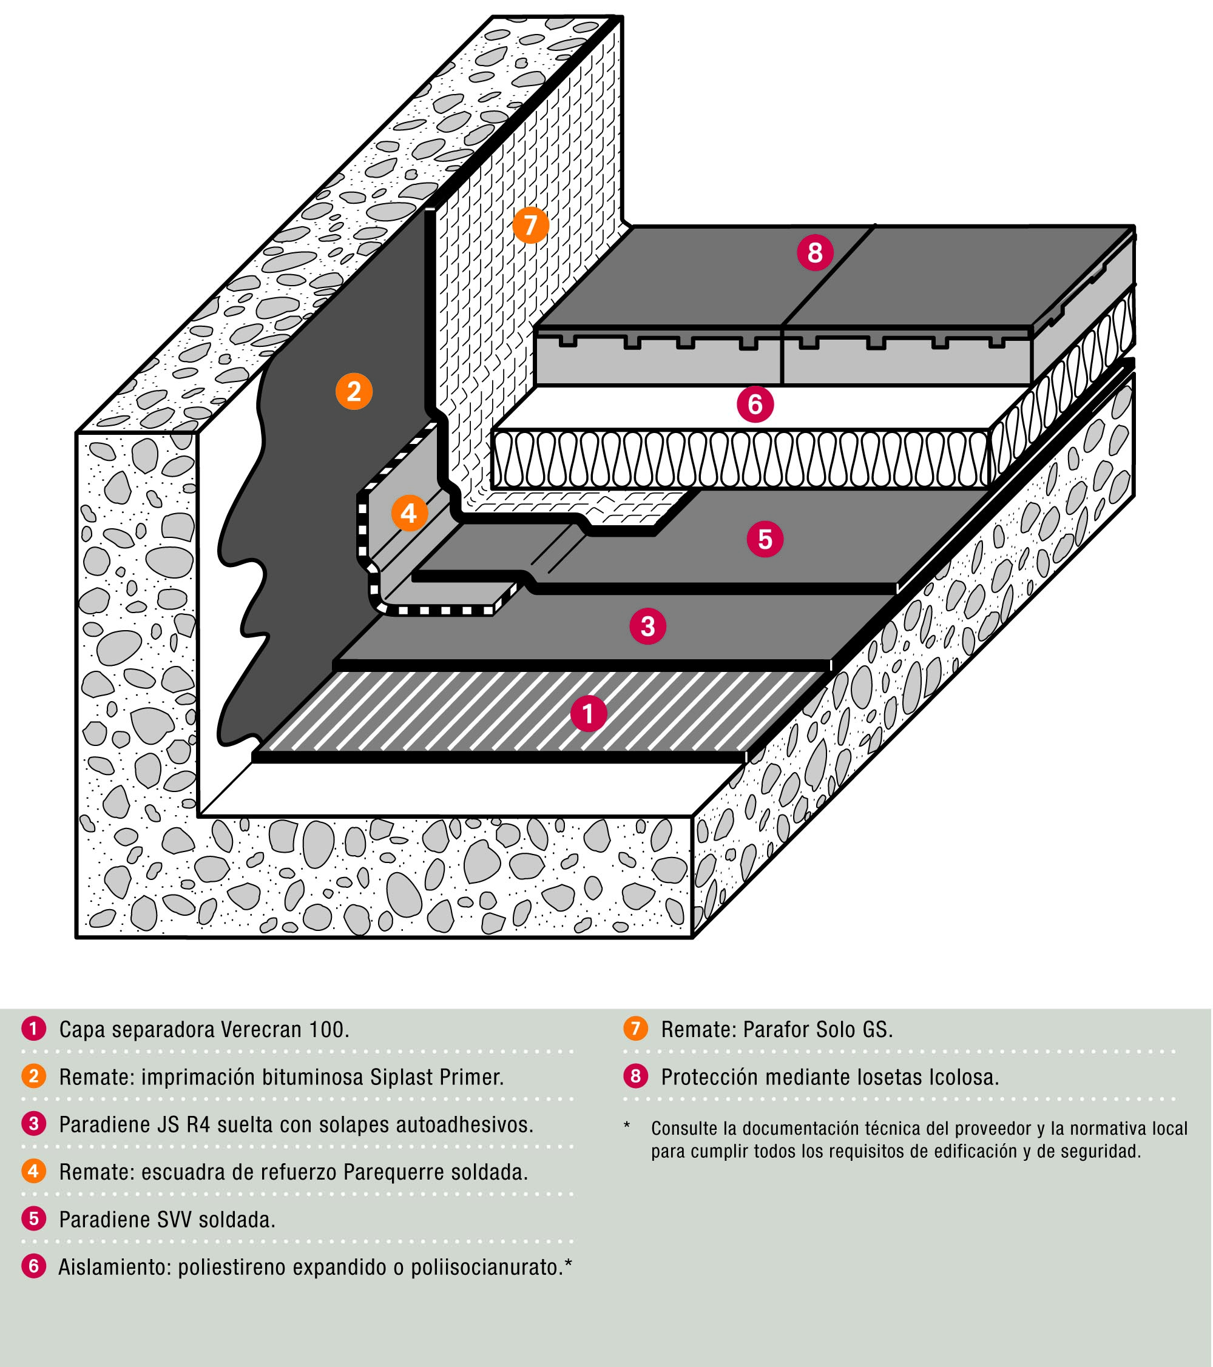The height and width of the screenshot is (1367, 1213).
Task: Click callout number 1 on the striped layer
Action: point(588,714)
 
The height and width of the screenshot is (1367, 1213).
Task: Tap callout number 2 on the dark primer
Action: point(353,391)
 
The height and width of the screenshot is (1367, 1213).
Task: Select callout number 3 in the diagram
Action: point(647,626)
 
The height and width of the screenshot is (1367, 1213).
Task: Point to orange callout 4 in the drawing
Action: point(409,513)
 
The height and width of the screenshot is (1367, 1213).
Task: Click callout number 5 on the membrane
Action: point(765,539)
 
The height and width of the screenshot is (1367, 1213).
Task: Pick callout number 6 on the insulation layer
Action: point(755,404)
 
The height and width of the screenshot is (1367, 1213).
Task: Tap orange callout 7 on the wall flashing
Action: point(530,226)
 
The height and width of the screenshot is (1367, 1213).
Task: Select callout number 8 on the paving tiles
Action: point(814,253)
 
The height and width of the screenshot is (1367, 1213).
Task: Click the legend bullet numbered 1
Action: point(33,1029)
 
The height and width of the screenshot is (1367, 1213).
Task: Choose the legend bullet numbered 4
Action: point(33,1171)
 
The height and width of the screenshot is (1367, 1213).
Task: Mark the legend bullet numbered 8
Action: point(635,1076)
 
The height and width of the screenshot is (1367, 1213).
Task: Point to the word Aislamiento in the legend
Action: point(113,1267)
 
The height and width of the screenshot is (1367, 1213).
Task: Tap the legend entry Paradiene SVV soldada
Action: point(167,1219)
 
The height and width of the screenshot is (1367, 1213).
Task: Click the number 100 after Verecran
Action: point(327,1029)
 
